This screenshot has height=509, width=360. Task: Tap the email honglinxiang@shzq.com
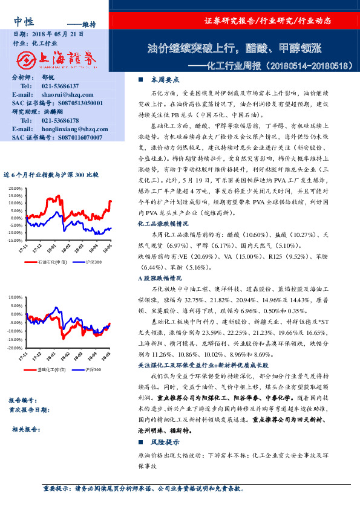tap(74, 129)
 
